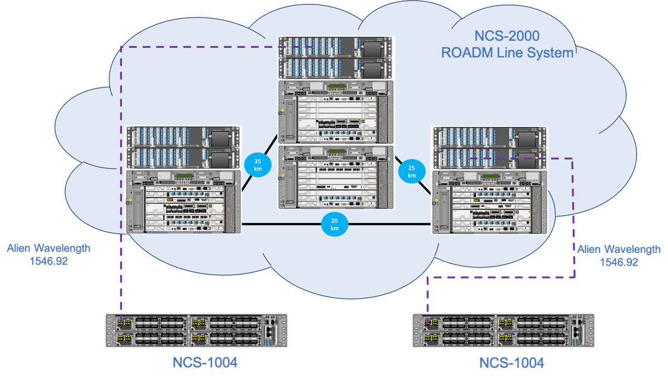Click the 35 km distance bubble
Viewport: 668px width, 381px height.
tap(257, 164)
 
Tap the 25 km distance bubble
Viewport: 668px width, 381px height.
tap(411, 172)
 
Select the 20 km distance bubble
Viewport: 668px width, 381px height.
tap(335, 224)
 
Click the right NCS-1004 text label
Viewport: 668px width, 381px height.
tap(512, 364)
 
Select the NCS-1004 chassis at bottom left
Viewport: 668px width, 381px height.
tap(195, 331)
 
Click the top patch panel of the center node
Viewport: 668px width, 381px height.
tap(335, 48)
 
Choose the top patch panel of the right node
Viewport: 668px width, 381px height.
tap(489, 137)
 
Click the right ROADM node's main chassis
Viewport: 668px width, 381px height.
tap(489, 202)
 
